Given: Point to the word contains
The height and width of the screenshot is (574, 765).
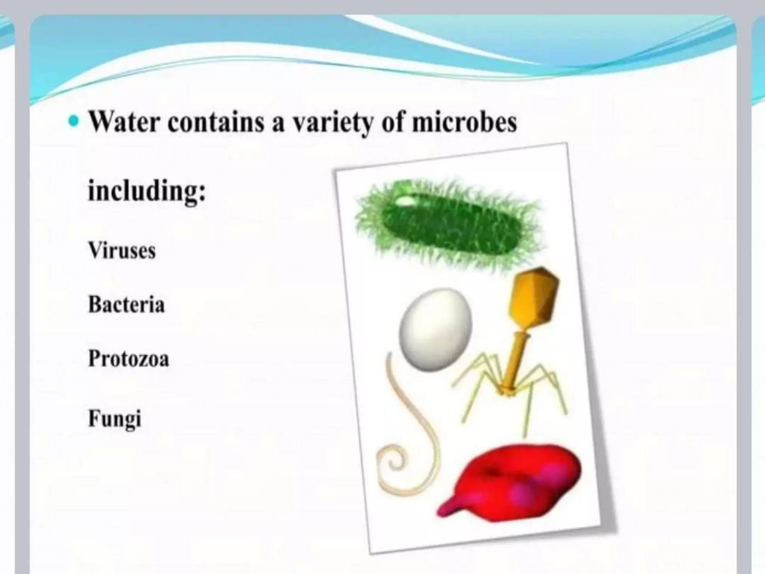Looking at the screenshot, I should (216, 122).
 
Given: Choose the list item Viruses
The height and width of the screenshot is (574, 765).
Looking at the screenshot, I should (122, 250).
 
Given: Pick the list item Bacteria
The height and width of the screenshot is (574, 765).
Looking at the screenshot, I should (126, 305).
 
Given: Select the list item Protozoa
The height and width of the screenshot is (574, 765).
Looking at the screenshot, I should (128, 359).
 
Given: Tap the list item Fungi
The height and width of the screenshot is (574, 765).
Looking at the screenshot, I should (115, 419).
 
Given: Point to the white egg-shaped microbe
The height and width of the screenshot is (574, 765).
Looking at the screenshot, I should (435, 329).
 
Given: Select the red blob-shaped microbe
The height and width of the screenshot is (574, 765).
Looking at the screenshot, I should (519, 482).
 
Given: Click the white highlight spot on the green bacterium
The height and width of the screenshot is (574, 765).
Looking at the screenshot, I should (405, 201).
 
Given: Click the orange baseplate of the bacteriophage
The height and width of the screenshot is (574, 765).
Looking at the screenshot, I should (507, 391).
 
